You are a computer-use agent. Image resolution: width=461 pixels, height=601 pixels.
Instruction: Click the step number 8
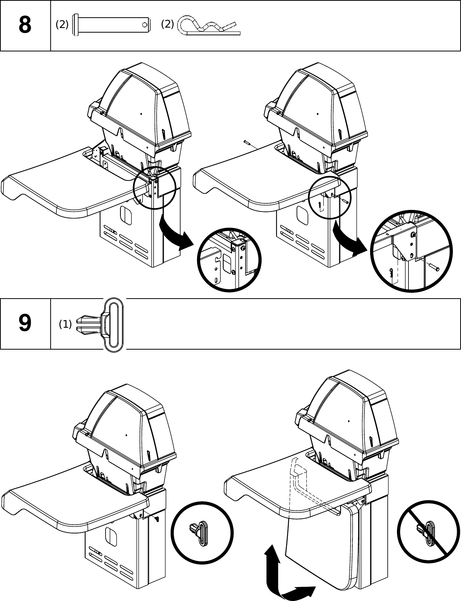pyautogui.click(x=25, y=25)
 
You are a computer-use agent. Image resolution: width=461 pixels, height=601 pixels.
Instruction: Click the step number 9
pyautogui.click(x=25, y=324)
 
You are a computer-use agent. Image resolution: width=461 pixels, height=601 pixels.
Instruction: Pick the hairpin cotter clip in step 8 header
pyautogui.click(x=209, y=26)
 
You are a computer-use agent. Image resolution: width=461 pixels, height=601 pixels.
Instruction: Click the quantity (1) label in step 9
pyautogui.click(x=65, y=324)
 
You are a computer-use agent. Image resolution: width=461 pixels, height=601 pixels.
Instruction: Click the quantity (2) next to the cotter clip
pyautogui.click(x=167, y=24)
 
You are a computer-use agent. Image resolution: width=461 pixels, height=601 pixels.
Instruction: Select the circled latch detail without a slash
pyautogui.click(x=202, y=533)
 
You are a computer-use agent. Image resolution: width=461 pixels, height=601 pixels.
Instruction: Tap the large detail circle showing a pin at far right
pyautogui.click(x=410, y=251)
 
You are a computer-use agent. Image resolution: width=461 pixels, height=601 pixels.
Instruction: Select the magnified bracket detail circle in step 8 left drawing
pyautogui.click(x=229, y=260)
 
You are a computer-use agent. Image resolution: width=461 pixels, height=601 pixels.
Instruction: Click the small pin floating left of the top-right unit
pyautogui.click(x=247, y=143)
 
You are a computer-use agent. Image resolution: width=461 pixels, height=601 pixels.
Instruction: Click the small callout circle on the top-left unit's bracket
pyautogui.click(x=155, y=188)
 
